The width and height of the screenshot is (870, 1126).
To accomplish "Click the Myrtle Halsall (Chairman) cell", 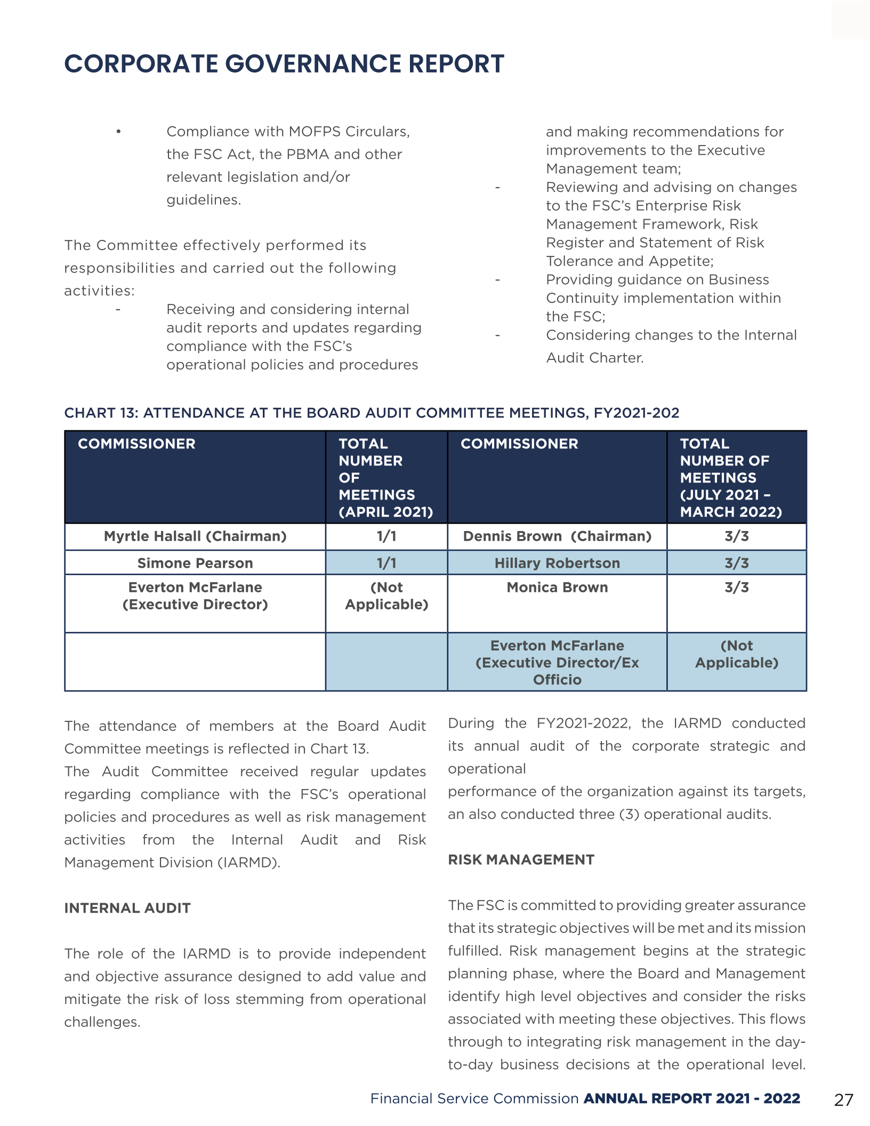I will click(x=195, y=536).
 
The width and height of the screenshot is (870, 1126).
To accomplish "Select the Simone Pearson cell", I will click(x=195, y=563).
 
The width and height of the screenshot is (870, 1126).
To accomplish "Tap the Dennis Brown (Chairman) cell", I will click(x=557, y=536).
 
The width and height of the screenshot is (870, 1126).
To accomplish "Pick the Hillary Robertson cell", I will click(x=557, y=563).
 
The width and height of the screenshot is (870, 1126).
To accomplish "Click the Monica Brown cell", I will click(x=557, y=588).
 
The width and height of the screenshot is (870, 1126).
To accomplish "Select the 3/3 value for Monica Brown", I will click(x=736, y=588).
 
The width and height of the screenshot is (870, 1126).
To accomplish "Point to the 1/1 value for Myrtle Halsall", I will click(x=386, y=536).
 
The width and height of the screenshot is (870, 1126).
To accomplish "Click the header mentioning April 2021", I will click(x=386, y=478).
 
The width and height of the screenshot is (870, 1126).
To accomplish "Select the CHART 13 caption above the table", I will click(x=372, y=413).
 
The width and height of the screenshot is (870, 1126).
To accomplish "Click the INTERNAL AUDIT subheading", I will click(x=127, y=908).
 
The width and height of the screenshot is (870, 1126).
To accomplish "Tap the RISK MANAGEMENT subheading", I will click(x=521, y=859).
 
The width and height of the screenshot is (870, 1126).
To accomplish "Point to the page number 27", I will click(x=843, y=1100).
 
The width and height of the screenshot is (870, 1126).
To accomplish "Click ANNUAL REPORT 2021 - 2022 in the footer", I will click(x=692, y=1099).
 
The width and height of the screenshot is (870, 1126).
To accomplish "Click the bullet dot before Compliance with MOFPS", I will click(x=119, y=132).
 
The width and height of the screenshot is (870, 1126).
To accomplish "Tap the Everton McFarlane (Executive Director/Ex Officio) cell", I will click(x=557, y=662).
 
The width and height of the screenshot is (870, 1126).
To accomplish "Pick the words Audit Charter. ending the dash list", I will click(x=595, y=358).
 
